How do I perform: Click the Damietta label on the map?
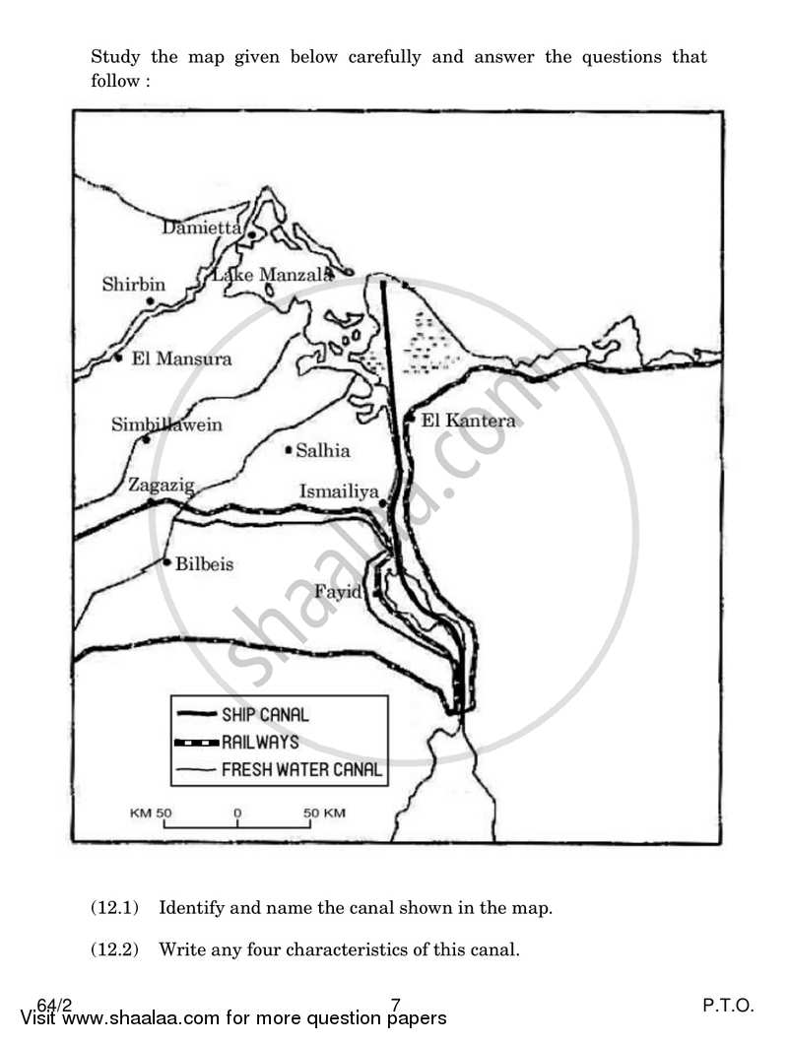tap(202, 228)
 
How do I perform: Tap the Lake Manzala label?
tap(272, 275)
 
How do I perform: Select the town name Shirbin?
tap(134, 285)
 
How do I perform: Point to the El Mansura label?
tap(181, 359)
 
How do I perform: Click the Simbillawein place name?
tap(166, 424)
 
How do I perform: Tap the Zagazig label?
tap(162, 485)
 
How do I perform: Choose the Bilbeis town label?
tap(205, 564)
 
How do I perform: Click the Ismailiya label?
tap(340, 491)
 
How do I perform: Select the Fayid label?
tap(339, 592)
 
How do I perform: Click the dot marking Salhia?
tap(289, 450)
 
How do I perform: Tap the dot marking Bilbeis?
tap(168, 562)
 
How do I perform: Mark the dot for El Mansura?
tap(118, 358)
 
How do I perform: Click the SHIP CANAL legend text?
tap(264, 715)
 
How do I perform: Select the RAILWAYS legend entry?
tap(259, 742)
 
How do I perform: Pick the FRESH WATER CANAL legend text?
tap(301, 769)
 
